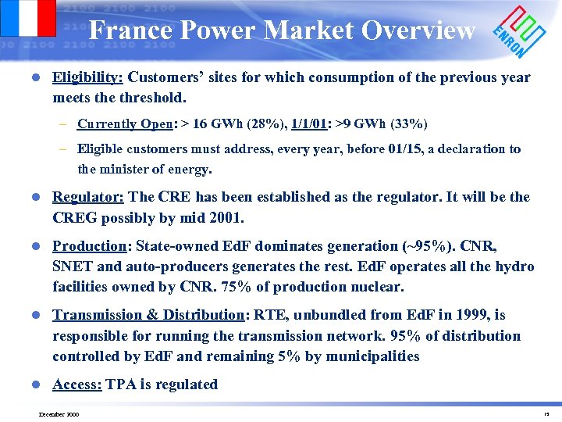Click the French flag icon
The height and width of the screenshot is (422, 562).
tap(29, 17)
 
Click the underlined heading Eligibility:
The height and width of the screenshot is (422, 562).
tap(87, 77)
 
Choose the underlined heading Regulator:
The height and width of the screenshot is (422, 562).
tap(87, 197)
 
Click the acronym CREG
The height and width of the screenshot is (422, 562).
tap(73, 216)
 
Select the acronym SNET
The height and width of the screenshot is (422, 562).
tap(73, 266)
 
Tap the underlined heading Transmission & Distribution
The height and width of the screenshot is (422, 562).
tap(148, 315)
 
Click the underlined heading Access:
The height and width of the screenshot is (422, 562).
tap(77, 384)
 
